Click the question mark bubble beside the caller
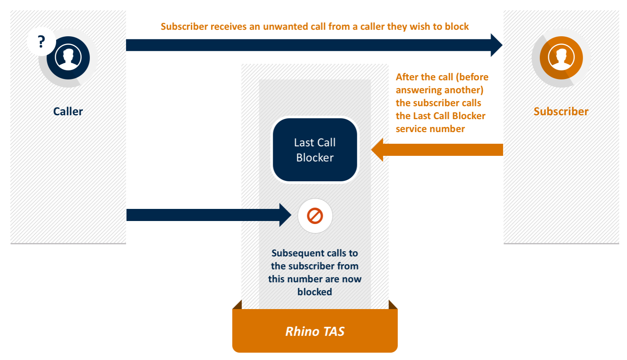click(41, 42)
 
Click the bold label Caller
click(68, 111)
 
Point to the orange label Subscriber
click(561, 111)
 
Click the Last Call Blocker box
click(315, 150)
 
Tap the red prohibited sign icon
click(315, 216)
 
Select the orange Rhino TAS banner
click(315, 331)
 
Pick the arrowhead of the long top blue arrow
click(496, 45)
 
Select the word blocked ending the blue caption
click(315, 292)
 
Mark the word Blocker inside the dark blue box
click(315, 158)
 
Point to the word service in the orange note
click(411, 129)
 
